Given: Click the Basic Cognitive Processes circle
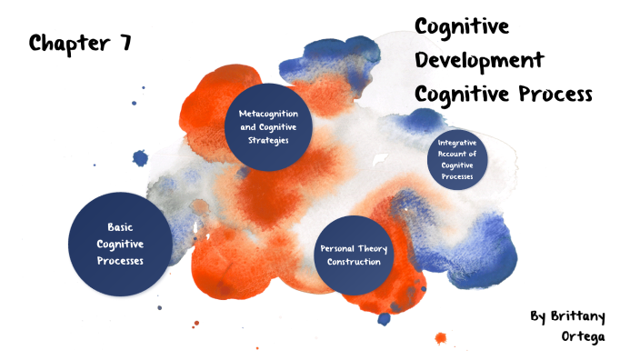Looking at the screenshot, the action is pyautogui.click(x=120, y=244).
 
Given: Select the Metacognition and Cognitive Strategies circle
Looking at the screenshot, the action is pyautogui.click(x=269, y=127).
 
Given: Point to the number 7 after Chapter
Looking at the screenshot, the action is pyautogui.click(x=125, y=43).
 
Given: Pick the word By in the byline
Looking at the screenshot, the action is pyautogui.click(x=538, y=316).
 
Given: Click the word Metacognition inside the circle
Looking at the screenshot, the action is pyautogui.click(x=269, y=114).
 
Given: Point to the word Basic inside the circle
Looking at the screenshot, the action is pyautogui.click(x=120, y=227).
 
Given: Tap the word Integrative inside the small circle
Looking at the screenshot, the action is pyautogui.click(x=457, y=143).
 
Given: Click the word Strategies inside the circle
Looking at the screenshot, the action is pyautogui.click(x=269, y=141).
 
